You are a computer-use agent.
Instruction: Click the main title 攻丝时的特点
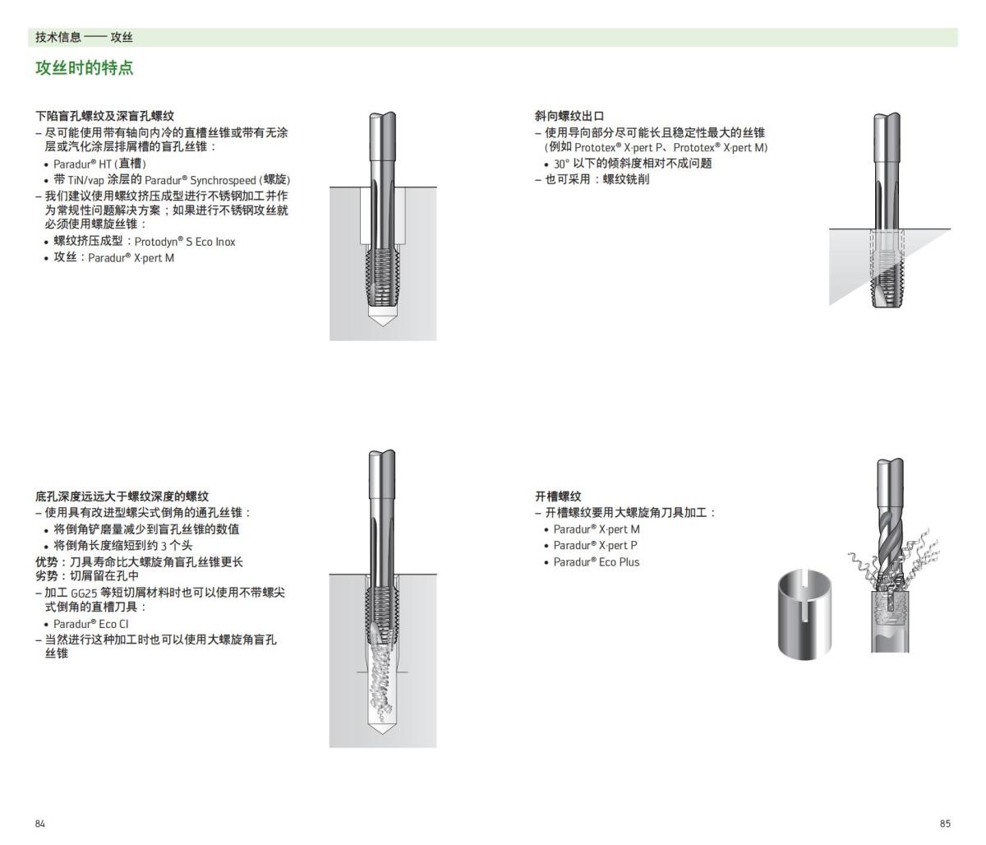[x=84, y=68]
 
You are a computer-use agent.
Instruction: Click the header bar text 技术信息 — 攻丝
[x=84, y=38]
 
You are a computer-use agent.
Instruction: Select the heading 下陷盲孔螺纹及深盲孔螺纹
[x=104, y=116]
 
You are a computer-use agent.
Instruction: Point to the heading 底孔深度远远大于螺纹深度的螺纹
[x=122, y=496]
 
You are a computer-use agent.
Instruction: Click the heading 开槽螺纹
[x=558, y=496]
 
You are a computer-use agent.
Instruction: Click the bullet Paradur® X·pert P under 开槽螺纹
[x=595, y=546]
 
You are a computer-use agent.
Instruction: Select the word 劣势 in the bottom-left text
[x=45, y=576]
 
